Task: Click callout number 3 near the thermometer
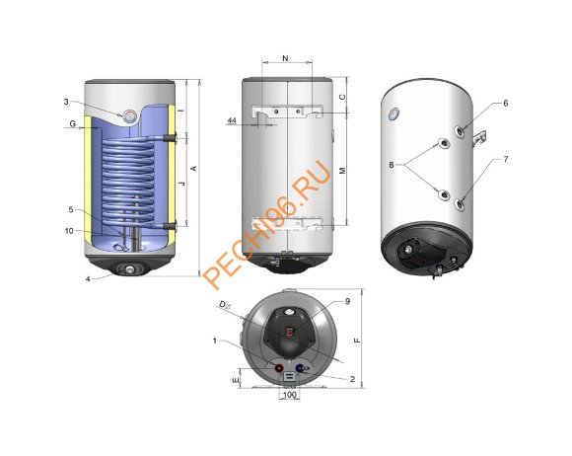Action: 66,102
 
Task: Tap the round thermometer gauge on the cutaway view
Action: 129,116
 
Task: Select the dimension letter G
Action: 73,123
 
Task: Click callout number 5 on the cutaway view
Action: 71,209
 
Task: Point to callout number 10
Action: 69,231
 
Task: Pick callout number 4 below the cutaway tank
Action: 88,279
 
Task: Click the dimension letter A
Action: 194,168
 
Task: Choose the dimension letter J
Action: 182,183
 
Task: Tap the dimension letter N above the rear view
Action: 286,58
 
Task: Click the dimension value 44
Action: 232,120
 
